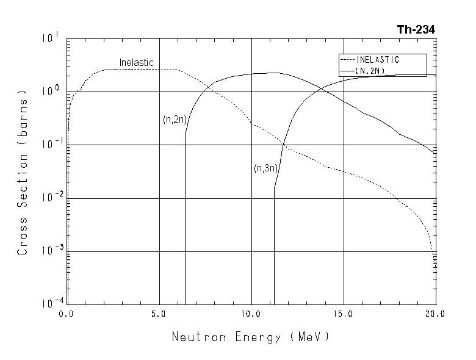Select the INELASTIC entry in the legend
378,60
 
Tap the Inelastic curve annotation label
136,63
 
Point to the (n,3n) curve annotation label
265,168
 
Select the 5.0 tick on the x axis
159,314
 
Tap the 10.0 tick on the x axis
251,314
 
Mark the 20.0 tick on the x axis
436,314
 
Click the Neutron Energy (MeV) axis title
250,336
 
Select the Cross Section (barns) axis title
23,174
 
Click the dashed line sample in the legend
347,60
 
